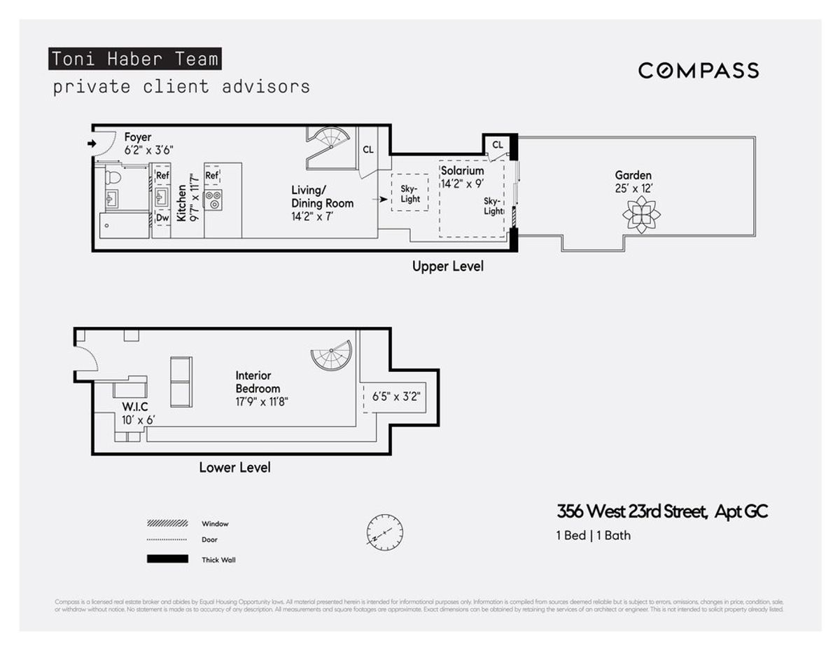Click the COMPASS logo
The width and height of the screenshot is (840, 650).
point(699,70)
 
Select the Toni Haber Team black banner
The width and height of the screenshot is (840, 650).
point(134,59)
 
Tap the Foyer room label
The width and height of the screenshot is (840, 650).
point(138,137)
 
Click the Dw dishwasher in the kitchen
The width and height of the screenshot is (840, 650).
point(162,218)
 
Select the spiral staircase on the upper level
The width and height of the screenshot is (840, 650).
point(327,146)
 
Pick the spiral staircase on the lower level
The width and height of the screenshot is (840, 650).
point(331,356)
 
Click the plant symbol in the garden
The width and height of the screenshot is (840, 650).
point(640,214)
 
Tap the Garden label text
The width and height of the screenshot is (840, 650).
point(633,176)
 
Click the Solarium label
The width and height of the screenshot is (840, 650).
point(463,171)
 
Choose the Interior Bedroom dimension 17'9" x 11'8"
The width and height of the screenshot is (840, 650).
point(262,402)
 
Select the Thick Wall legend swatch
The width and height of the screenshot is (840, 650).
point(167,559)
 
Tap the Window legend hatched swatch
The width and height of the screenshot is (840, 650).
point(167,523)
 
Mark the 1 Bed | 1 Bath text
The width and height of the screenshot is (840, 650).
point(593,536)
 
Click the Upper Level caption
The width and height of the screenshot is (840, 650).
point(447,266)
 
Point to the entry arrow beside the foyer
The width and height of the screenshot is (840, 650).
point(91,144)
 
